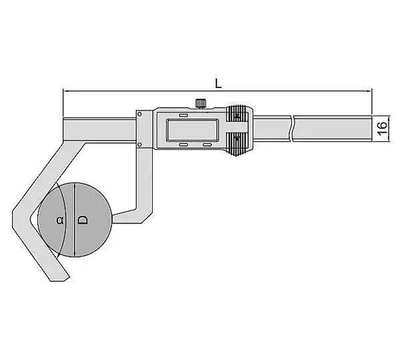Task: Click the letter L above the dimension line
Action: tap(218, 83)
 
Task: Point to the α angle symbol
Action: tap(60, 220)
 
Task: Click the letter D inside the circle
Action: tap(83, 220)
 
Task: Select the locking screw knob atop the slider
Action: tap(201, 103)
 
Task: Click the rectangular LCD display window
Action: tap(192, 130)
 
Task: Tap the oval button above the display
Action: tap(183, 115)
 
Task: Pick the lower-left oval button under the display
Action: tap(183, 145)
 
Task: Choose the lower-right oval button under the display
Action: tap(207, 145)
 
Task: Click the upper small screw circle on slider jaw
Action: tap(139, 114)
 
